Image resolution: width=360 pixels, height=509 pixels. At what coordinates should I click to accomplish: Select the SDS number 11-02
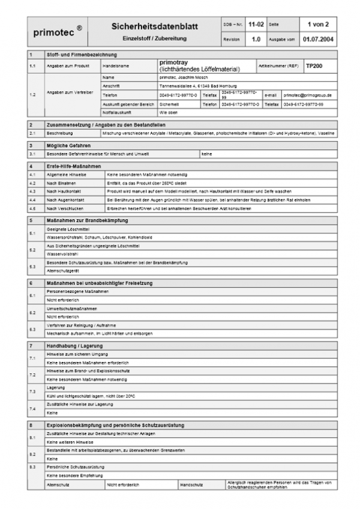click(x=255, y=26)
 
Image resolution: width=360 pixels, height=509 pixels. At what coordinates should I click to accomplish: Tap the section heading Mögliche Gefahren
click(x=67, y=145)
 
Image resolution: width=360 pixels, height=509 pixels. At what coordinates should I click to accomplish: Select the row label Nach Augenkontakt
click(x=65, y=199)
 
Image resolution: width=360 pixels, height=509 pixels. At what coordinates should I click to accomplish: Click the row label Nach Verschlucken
click(x=64, y=208)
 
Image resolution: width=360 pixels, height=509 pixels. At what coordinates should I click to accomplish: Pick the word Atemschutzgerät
click(x=61, y=271)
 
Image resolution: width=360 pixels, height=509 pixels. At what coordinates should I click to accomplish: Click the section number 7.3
click(x=32, y=392)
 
